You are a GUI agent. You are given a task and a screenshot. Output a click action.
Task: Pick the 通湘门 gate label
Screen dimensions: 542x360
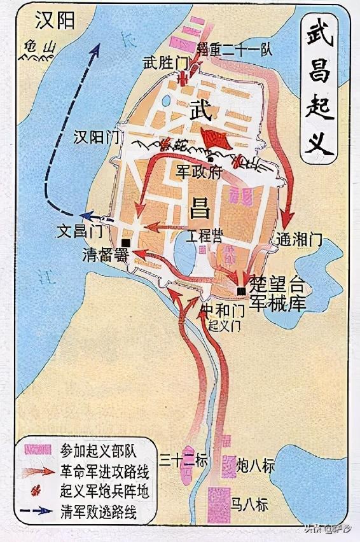tap(300, 240)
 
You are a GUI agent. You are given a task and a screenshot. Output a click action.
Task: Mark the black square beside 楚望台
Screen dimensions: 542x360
tap(240, 291)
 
